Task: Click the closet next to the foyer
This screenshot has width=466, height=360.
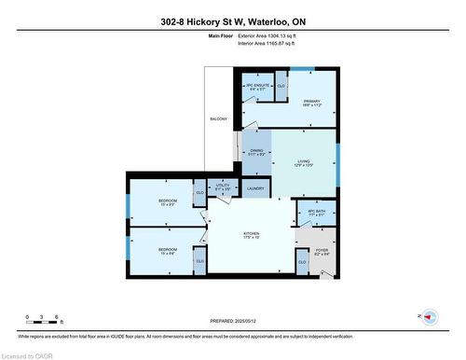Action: (301, 263)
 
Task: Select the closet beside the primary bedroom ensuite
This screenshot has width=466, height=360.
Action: (281, 87)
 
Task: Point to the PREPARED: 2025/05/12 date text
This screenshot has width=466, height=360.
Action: (233, 317)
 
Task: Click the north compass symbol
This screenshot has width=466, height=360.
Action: (429, 317)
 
